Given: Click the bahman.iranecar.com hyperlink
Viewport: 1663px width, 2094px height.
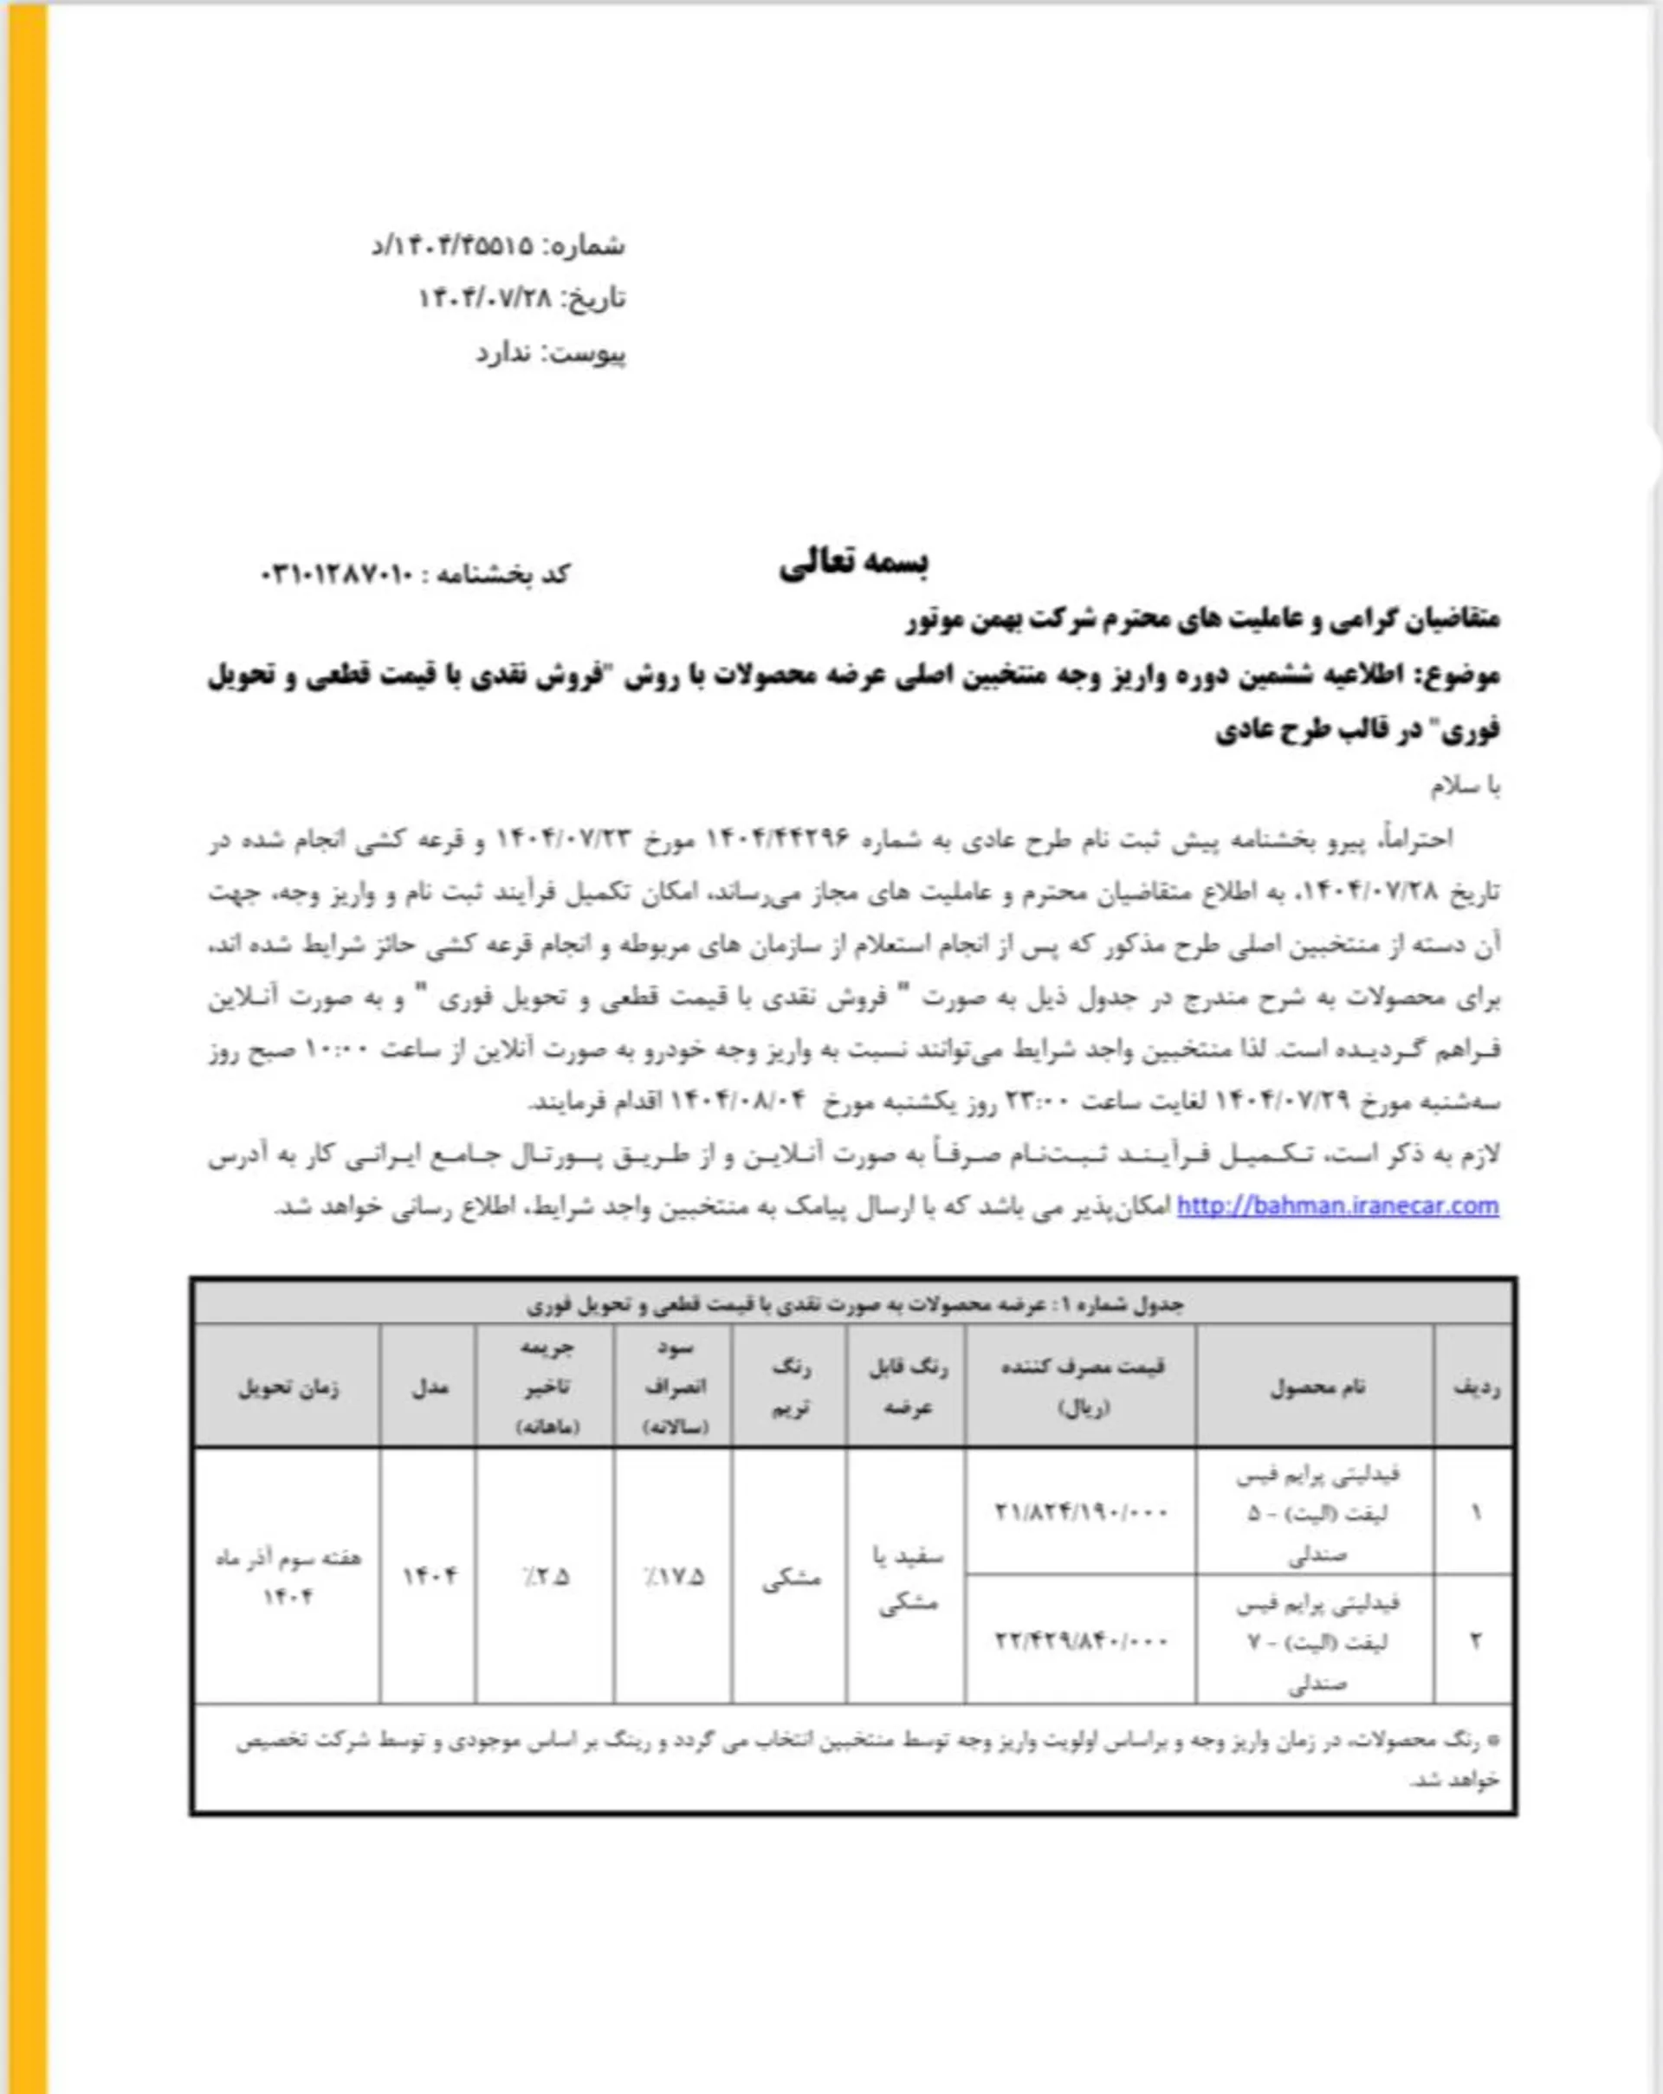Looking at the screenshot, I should [1337, 1206].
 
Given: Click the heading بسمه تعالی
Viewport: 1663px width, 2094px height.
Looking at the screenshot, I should [853, 563].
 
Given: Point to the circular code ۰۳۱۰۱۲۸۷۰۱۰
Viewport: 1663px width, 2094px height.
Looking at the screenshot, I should [338, 575].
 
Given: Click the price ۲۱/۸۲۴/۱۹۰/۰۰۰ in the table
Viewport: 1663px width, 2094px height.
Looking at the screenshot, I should [1081, 1512].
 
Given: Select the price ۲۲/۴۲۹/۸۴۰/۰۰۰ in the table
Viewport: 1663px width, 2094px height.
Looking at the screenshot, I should [1081, 1640].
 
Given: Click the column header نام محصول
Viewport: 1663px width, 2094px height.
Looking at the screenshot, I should [1317, 1388].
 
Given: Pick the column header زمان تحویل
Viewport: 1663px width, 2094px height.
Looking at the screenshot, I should [288, 1388].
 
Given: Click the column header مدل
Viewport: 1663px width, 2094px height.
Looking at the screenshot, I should [430, 1388].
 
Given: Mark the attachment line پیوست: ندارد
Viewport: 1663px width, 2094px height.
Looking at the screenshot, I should [551, 353].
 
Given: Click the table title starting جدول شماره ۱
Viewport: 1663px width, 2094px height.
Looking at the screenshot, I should [855, 1304].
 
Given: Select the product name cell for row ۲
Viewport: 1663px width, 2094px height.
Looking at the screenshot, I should [1317, 1642].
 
